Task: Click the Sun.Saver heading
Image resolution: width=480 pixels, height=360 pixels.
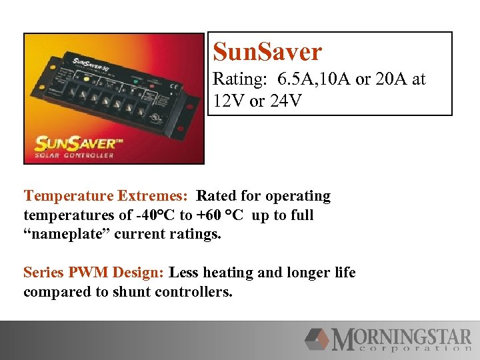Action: click(x=267, y=51)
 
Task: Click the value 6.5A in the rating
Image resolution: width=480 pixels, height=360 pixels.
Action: click(x=291, y=80)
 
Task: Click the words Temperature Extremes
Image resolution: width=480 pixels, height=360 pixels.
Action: click(x=107, y=196)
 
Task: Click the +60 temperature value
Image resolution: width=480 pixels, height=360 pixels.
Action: click(x=203, y=216)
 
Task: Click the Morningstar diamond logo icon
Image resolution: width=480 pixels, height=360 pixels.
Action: click(x=317, y=339)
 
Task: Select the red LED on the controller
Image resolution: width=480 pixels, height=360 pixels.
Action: click(x=151, y=85)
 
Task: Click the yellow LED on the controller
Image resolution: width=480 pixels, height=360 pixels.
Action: click(x=86, y=78)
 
